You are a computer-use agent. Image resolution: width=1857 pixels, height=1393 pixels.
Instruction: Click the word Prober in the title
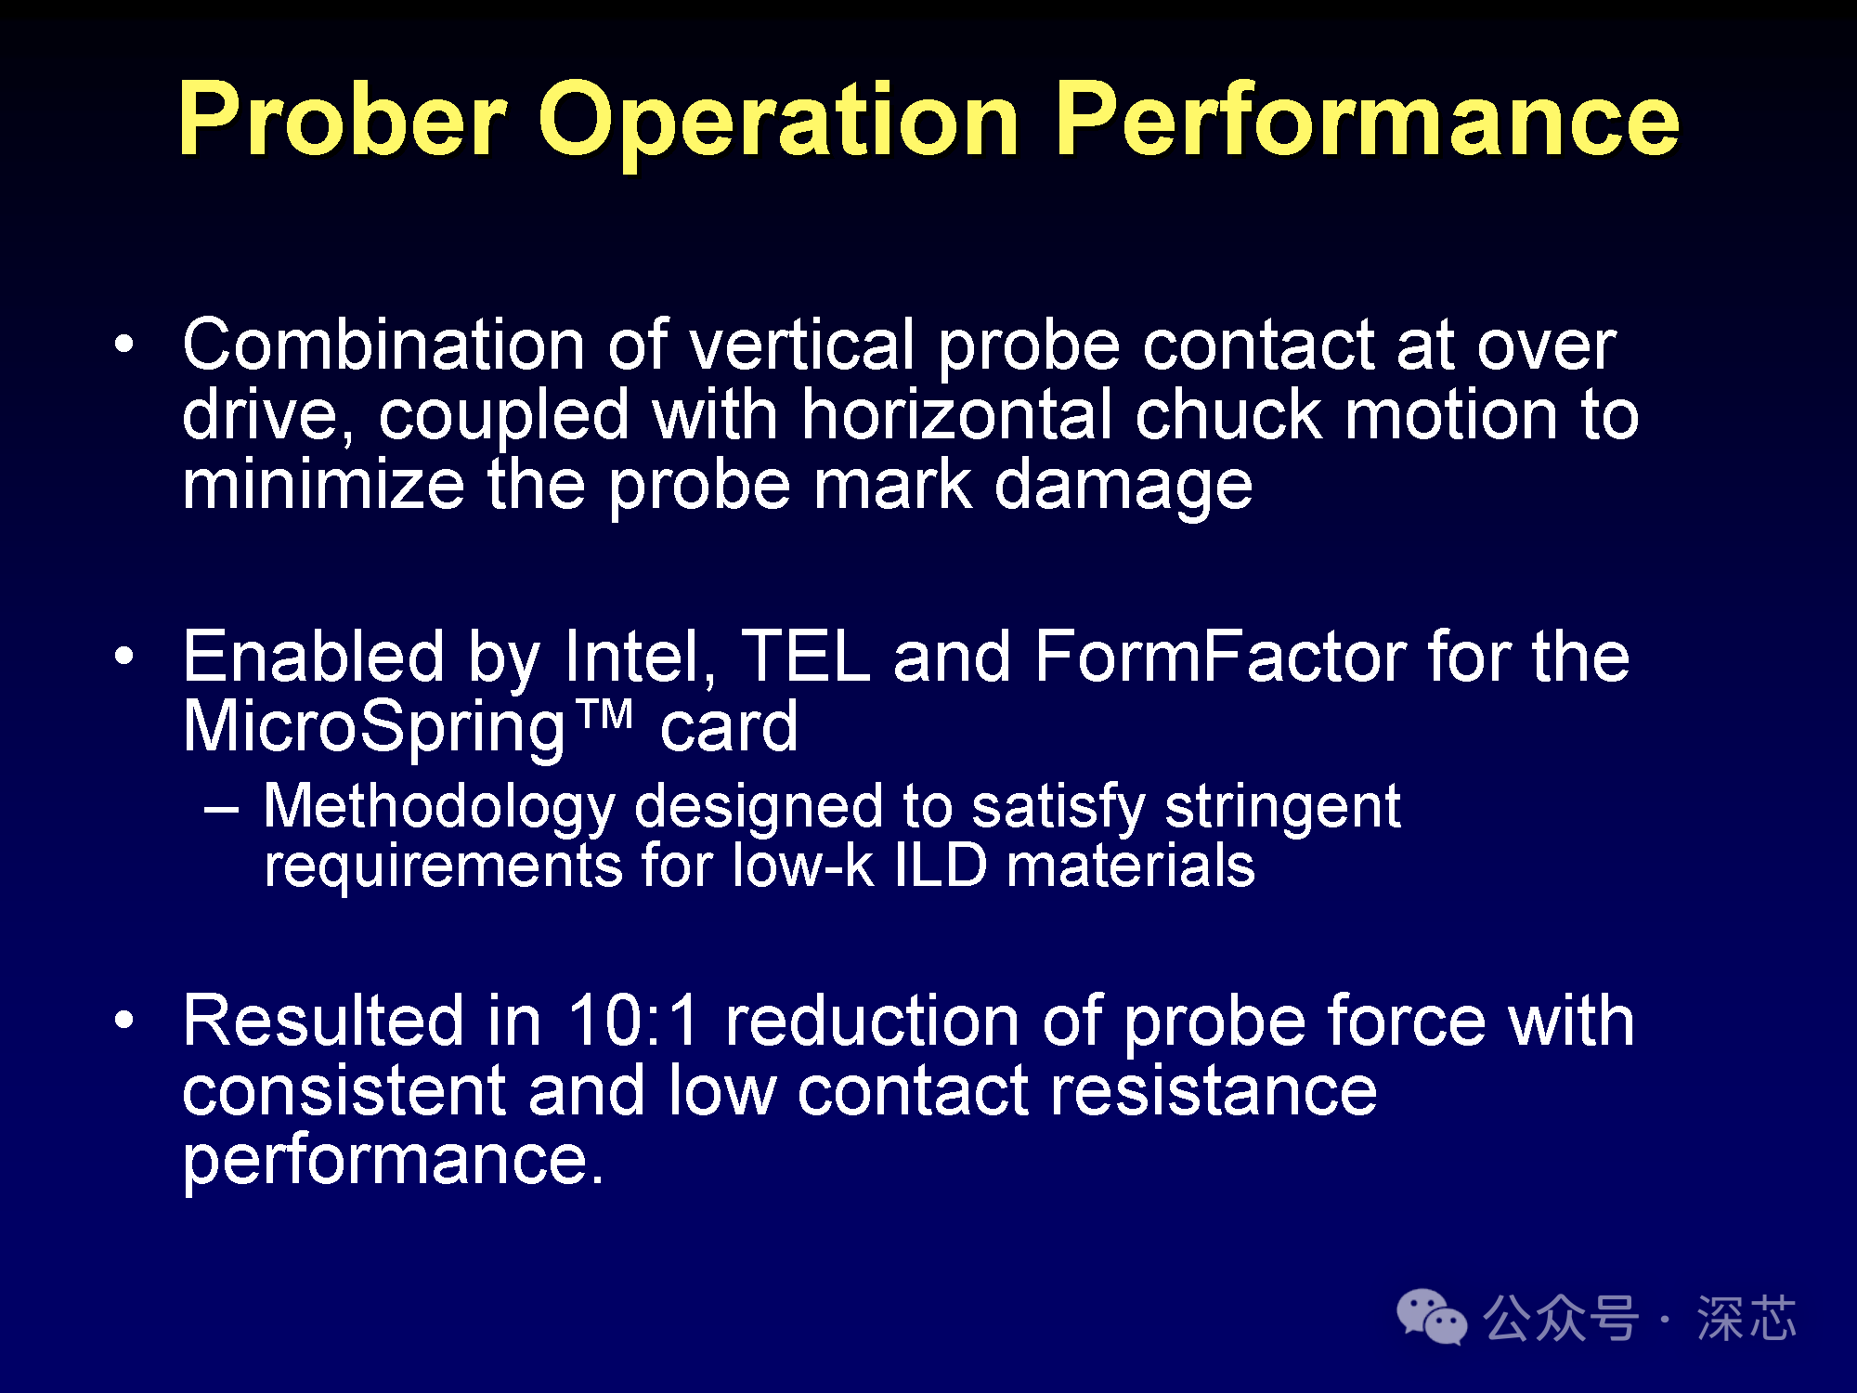[343, 119]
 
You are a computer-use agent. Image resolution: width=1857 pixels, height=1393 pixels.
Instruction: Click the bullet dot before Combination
[123, 345]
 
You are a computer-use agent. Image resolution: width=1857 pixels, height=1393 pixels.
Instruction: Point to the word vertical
[802, 345]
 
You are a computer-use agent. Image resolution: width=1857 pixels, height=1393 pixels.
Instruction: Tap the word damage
[1123, 488]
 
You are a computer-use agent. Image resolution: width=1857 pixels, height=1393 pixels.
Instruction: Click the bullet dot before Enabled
[123, 657]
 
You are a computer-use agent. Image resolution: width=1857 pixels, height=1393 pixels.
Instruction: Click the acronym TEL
[805, 657]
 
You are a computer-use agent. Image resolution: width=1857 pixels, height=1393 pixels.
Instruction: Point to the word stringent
[1282, 808]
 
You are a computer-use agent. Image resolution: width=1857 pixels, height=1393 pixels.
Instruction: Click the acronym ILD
[941, 866]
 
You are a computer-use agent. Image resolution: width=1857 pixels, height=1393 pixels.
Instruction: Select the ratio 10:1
[632, 1021]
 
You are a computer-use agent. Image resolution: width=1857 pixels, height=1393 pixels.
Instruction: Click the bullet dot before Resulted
[123, 1021]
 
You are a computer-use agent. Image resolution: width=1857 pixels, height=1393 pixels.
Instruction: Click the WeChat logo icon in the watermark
[1432, 1317]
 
